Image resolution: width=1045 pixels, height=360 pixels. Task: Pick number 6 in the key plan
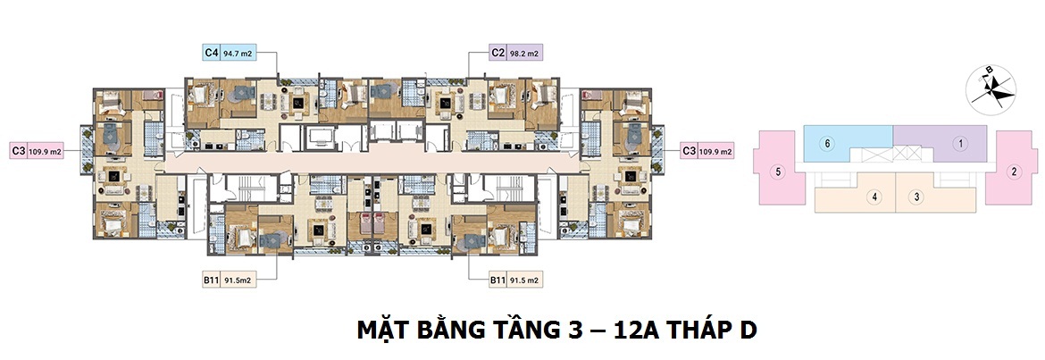[x=829, y=143]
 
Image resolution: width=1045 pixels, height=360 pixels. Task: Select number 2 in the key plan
[x=1014, y=172]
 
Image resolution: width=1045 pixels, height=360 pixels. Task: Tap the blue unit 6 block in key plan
[x=849, y=138]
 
